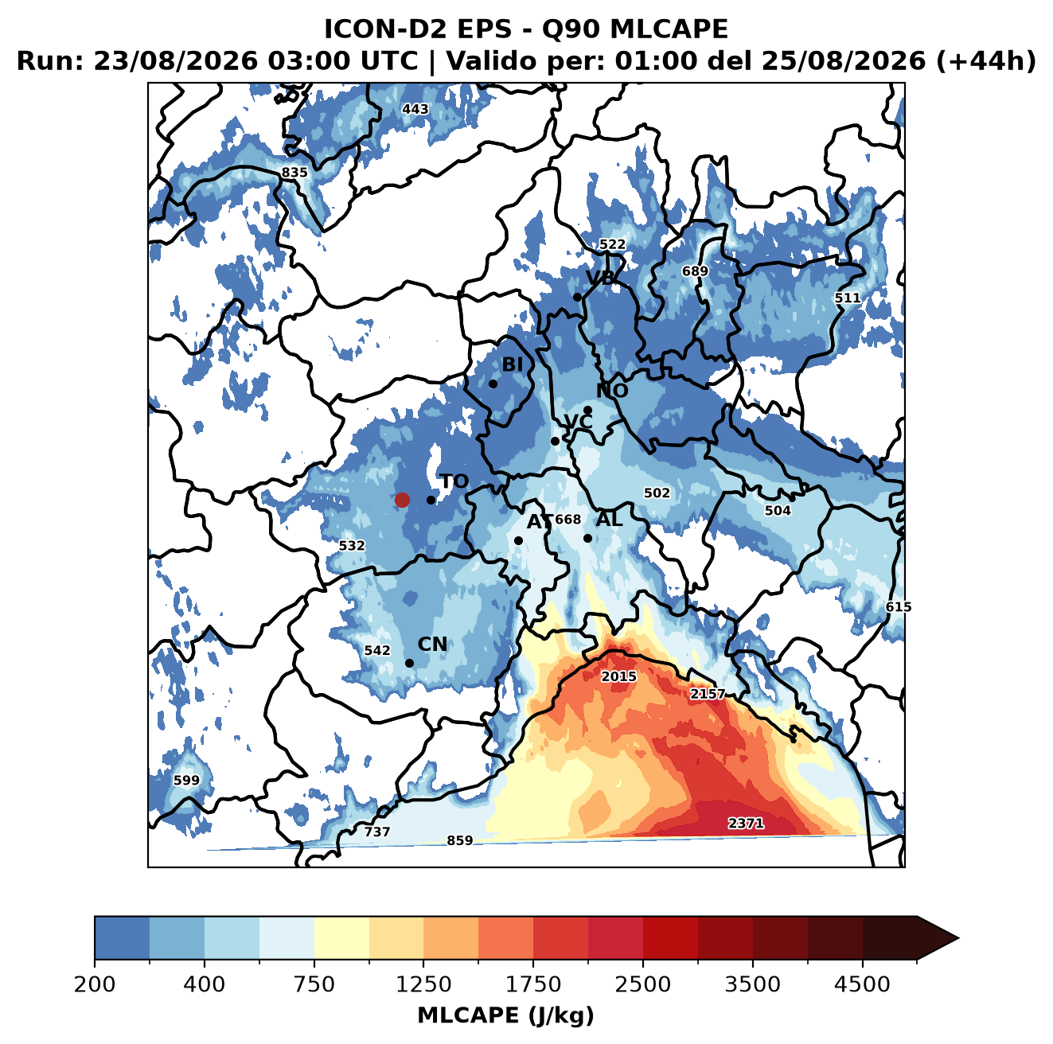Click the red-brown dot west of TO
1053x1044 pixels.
click(402, 500)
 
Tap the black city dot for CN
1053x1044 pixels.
click(409, 663)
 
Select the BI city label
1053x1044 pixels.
click(512, 364)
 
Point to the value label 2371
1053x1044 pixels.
click(745, 823)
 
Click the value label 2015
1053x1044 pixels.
click(618, 676)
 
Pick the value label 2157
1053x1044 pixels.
click(708, 694)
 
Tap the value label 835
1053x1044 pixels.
click(294, 173)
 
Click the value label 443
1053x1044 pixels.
click(415, 109)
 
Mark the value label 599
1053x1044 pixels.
click(186, 780)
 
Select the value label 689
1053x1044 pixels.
click(695, 271)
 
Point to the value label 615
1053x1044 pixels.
click(899, 607)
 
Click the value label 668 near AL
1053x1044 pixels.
click(567, 519)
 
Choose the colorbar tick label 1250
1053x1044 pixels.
click(423, 984)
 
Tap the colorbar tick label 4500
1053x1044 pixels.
click(862, 984)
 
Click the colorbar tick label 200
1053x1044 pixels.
click(95, 984)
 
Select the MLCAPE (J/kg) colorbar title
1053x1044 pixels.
click(505, 1015)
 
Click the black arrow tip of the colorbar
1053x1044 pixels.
click(958, 939)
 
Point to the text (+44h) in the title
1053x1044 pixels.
click(986, 60)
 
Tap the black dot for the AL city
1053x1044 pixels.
click(587, 538)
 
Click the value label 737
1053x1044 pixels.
click(377, 832)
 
